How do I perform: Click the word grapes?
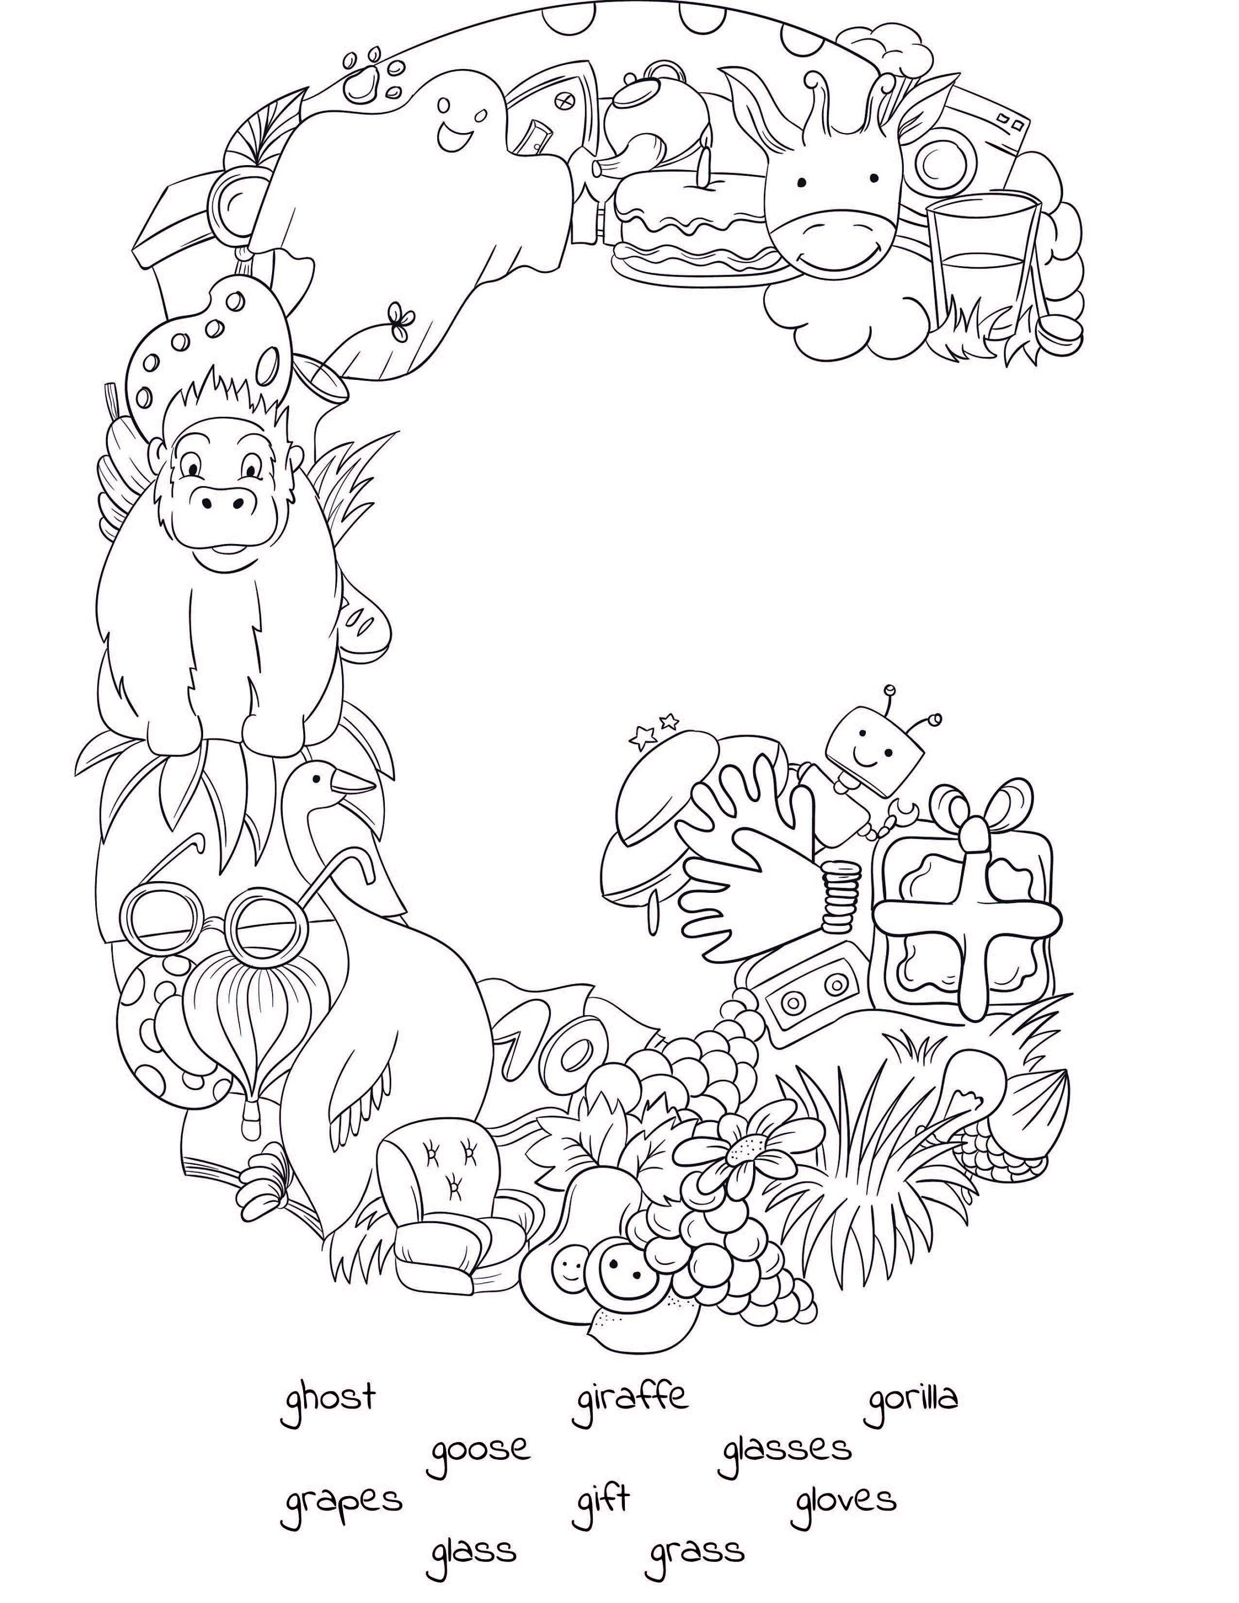pos(342,1501)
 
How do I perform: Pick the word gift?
pos(600,1499)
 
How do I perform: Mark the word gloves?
pos(845,1499)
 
